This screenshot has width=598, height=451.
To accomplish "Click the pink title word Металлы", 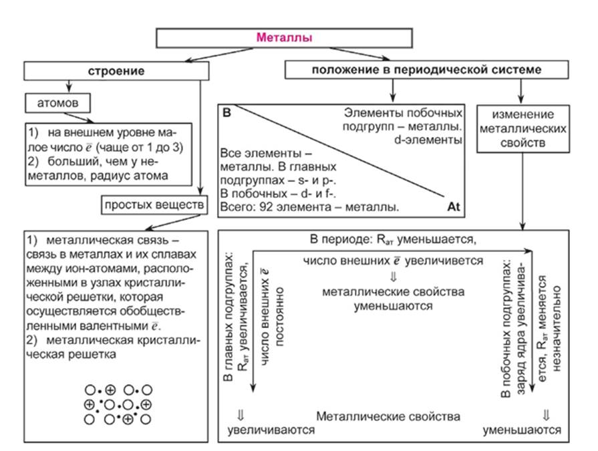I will (284, 39).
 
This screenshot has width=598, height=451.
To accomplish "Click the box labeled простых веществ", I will (152, 205).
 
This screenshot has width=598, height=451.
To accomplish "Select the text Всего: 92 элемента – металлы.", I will (309, 208).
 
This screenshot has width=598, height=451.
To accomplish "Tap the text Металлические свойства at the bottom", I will (388, 416).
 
